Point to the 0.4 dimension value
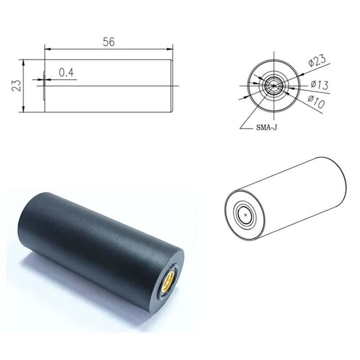[x=67, y=72]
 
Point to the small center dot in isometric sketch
[x=245, y=215]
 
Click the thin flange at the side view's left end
[x=43, y=85]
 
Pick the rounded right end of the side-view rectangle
[x=172, y=85]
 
